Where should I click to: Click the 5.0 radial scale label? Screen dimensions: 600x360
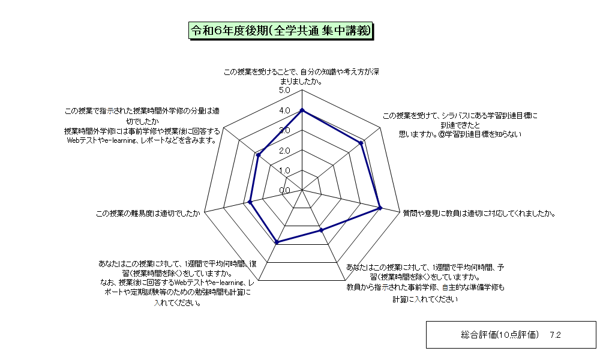(x=284, y=90)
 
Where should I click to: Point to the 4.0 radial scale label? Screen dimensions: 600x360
(x=284, y=110)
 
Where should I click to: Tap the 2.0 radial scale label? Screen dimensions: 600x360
(x=284, y=151)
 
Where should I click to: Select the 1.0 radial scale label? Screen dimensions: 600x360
(x=284, y=170)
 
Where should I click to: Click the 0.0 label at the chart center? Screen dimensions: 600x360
(x=284, y=191)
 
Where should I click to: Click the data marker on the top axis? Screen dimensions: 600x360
(x=302, y=110)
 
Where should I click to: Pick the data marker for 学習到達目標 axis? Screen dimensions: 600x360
(x=361, y=143)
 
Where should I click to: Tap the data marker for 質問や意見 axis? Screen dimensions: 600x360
(x=380, y=208)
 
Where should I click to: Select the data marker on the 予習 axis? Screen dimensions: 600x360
(x=322, y=230)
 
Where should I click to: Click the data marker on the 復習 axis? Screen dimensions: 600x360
(x=277, y=242)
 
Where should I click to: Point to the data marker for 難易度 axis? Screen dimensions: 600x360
(x=250, y=202)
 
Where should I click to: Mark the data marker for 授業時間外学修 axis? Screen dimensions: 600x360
(x=258, y=155)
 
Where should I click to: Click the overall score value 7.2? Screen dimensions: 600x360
(x=555, y=335)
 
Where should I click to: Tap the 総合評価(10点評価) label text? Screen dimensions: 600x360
(x=500, y=335)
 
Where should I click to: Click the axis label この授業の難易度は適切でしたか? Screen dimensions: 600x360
(x=148, y=214)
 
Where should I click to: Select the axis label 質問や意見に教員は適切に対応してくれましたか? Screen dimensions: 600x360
(x=479, y=214)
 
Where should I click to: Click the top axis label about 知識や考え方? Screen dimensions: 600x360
(x=302, y=77)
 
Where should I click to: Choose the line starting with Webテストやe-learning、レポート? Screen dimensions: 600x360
(x=142, y=140)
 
